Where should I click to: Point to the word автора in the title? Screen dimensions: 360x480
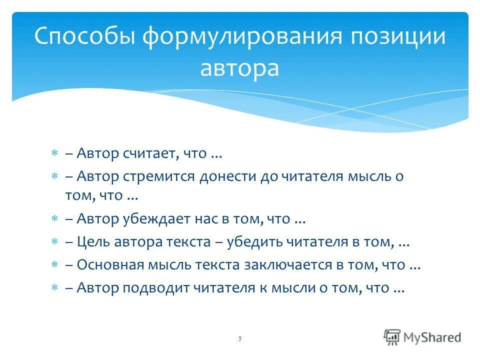(239, 68)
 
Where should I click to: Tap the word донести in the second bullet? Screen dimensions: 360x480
(228, 176)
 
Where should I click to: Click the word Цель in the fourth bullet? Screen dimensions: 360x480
(94, 242)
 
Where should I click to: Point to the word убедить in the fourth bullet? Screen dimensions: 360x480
(254, 242)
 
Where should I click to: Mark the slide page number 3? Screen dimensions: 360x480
(239, 339)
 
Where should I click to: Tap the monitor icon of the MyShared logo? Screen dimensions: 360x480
(392, 337)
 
